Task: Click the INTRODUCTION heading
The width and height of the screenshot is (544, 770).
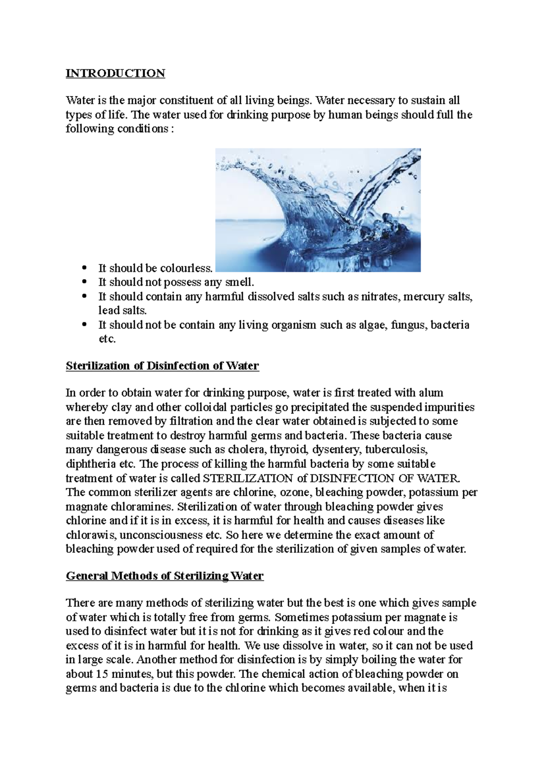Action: (115, 73)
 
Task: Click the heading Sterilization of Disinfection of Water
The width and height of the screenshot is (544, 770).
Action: (162, 366)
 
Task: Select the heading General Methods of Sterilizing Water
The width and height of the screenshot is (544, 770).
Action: (165, 576)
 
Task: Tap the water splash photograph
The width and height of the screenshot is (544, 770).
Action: (318, 210)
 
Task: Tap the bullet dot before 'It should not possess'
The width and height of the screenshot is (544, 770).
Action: (84, 282)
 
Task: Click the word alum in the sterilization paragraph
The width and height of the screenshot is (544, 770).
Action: (431, 393)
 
